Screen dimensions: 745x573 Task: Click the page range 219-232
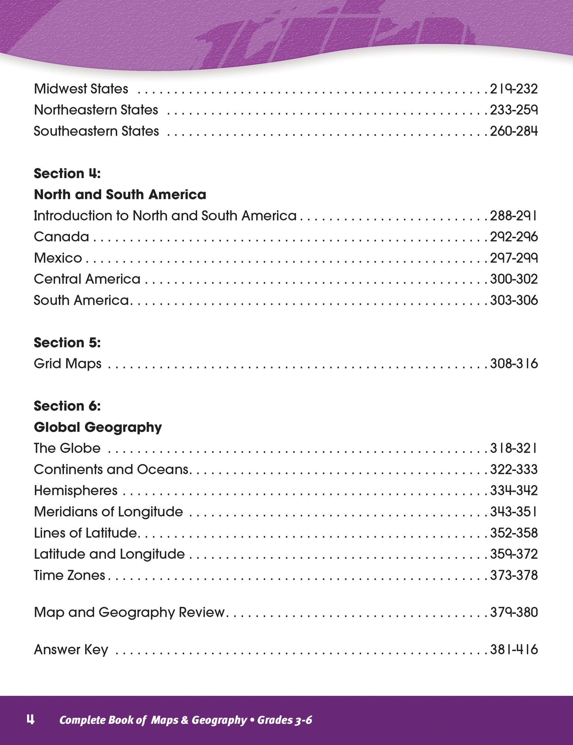point(513,89)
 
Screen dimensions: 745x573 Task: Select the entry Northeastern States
point(96,110)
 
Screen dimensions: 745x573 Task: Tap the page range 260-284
point(513,131)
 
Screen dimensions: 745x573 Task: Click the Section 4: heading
point(67,174)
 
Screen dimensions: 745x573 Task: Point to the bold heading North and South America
point(120,195)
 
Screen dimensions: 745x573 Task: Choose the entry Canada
point(61,237)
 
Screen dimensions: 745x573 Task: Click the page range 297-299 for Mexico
point(513,258)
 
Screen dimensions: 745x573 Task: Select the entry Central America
point(87,279)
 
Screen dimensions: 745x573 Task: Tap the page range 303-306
point(513,301)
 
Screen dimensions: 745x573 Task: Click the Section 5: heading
point(67,343)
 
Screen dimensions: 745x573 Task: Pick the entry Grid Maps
point(67,364)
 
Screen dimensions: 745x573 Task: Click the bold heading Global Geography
point(98,427)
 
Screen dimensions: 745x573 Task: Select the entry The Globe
point(67,448)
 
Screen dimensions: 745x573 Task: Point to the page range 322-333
point(513,470)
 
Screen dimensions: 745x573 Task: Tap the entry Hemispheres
point(76,491)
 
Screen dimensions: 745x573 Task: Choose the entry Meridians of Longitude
point(108,512)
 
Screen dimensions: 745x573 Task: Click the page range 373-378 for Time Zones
point(513,576)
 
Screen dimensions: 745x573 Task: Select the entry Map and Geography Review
point(129,613)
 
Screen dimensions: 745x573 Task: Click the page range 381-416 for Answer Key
point(513,650)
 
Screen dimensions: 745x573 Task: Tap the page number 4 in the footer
point(30,720)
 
